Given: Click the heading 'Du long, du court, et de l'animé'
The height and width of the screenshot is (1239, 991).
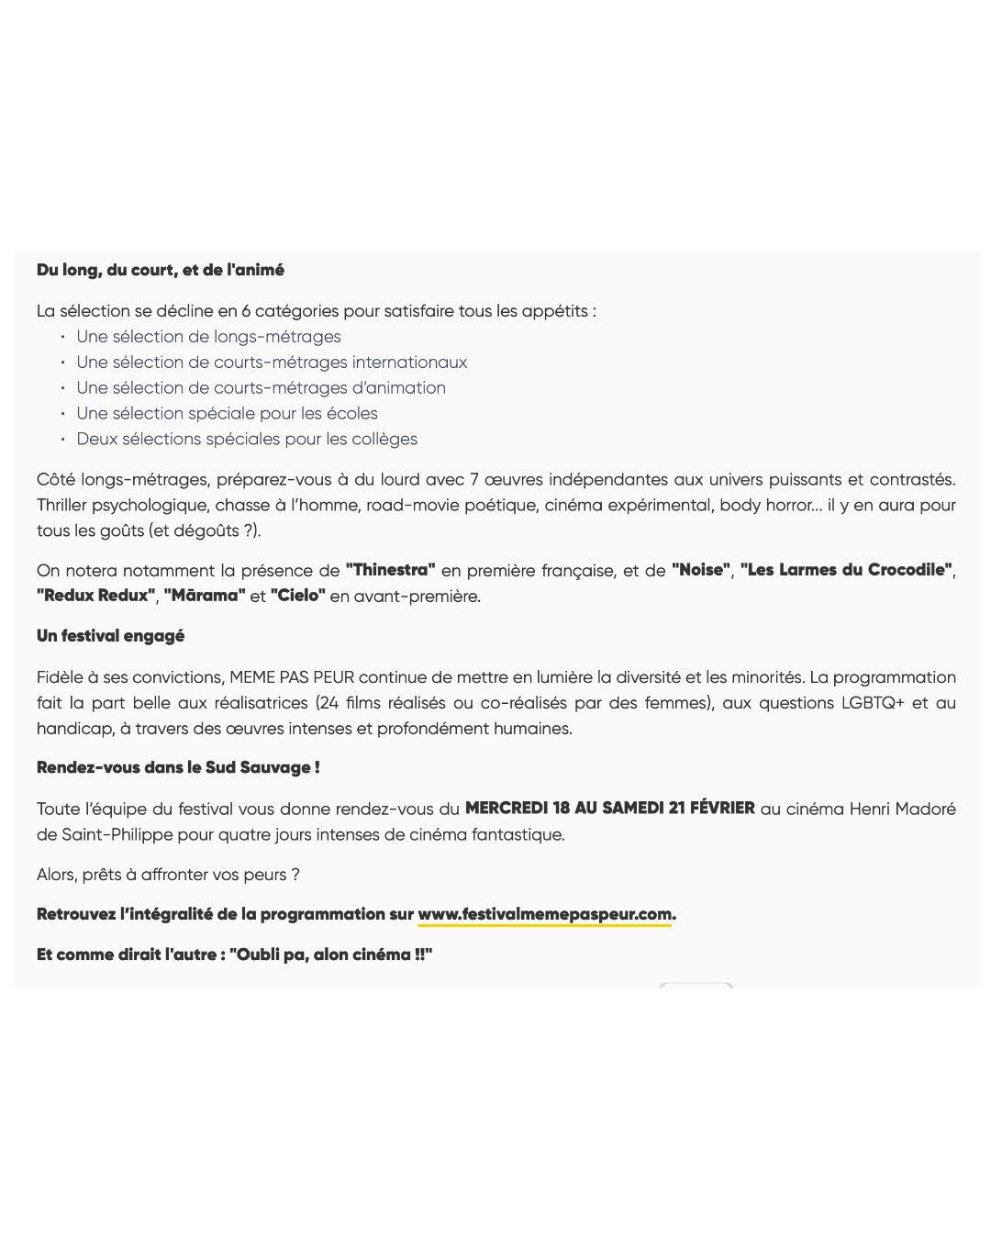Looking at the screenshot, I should [x=161, y=270].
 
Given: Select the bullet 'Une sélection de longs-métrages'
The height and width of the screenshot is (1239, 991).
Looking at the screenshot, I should [x=208, y=337].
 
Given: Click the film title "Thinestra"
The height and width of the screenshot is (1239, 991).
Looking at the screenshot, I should [x=390, y=570].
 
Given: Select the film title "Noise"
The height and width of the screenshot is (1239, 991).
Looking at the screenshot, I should [x=702, y=570].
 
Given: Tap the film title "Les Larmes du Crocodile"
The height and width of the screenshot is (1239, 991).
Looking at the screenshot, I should [x=846, y=570].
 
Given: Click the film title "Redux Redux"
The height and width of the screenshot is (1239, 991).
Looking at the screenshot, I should [x=96, y=596].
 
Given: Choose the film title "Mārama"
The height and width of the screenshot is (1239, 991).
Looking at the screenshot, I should [x=205, y=596].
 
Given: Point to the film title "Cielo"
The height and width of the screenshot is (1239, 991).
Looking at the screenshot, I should [x=298, y=596].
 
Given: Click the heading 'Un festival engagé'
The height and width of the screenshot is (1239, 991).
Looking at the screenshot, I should [x=110, y=636].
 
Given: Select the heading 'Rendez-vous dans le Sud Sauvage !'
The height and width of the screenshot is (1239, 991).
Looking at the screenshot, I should [x=178, y=768].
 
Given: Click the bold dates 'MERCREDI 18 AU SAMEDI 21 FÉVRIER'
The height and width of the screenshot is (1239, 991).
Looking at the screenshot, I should [x=610, y=809].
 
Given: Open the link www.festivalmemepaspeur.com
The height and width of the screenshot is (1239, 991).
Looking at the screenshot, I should [x=545, y=914].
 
